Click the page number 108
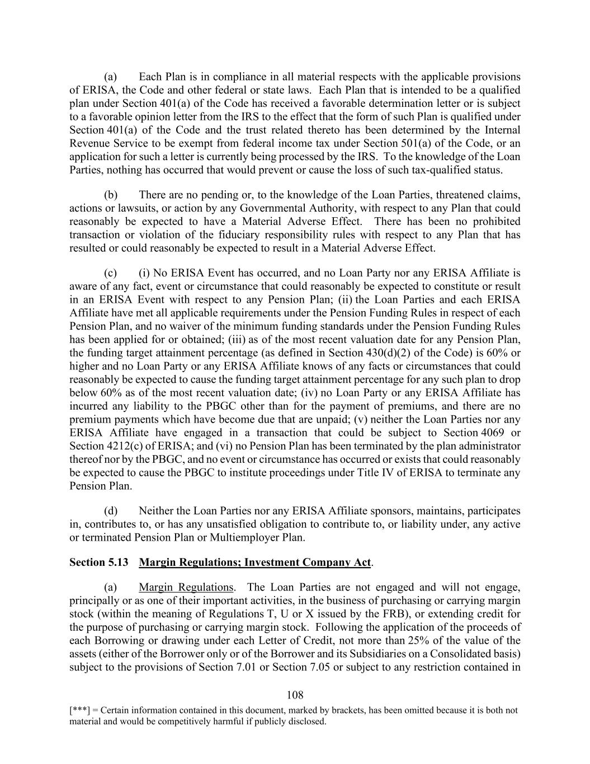click(295, 695)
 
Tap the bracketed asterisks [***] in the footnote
click(79, 710)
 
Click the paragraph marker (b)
click(111, 195)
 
